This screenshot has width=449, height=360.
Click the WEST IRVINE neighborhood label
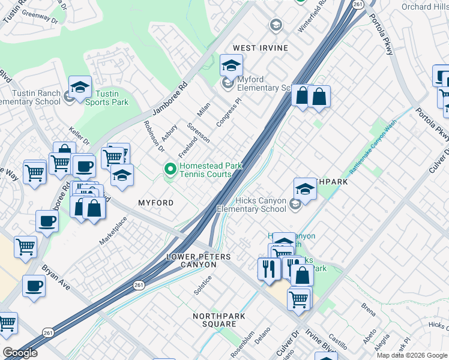click(260, 48)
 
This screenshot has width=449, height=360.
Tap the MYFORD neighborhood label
click(156, 203)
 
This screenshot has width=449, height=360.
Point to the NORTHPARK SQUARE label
click(215, 320)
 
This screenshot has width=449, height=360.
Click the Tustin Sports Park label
click(107, 98)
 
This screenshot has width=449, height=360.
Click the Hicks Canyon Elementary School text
click(251, 205)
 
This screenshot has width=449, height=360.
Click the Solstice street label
click(202, 284)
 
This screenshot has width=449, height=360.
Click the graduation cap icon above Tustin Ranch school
click(80, 87)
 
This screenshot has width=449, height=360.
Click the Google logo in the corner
click(20, 353)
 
